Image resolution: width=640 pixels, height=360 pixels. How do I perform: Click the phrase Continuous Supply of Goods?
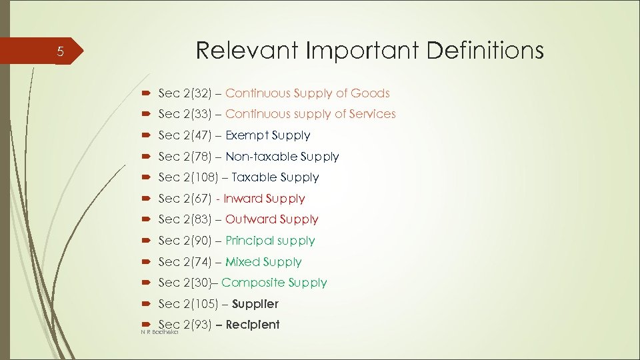(307, 93)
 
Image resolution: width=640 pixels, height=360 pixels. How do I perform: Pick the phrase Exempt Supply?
(267, 135)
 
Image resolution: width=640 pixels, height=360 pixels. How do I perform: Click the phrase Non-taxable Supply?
(282, 157)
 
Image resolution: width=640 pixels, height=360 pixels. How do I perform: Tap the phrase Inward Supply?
(264, 199)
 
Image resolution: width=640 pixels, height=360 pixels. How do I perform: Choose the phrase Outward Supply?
(271, 219)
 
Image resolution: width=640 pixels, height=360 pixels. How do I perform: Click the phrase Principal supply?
(270, 241)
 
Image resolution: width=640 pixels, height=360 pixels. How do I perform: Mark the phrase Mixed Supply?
(263, 262)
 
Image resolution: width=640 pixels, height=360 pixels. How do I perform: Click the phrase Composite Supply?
(274, 283)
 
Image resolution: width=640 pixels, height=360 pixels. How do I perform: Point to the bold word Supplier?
(255, 304)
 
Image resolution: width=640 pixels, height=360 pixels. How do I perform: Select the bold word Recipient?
(253, 325)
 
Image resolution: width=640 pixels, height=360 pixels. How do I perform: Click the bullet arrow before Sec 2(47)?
(146, 135)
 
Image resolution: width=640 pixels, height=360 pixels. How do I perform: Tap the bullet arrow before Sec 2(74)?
(146, 262)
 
